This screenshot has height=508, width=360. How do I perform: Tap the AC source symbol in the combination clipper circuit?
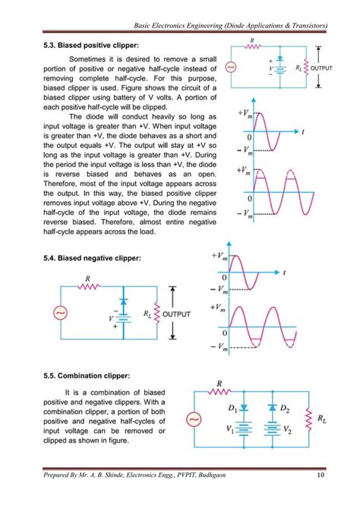(x=193, y=418)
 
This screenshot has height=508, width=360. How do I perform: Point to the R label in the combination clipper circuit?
(x=219, y=383)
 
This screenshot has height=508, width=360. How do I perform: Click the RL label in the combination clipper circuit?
(x=322, y=417)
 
